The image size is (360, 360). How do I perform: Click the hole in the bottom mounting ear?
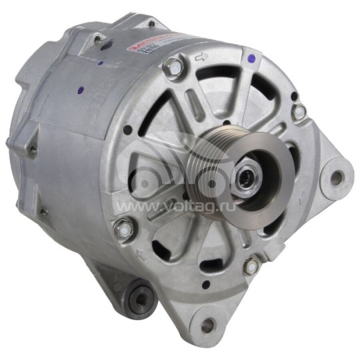click(209, 325)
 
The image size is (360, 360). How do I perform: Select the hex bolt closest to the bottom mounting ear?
click(251, 267)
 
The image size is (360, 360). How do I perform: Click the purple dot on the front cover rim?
click(250, 60)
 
